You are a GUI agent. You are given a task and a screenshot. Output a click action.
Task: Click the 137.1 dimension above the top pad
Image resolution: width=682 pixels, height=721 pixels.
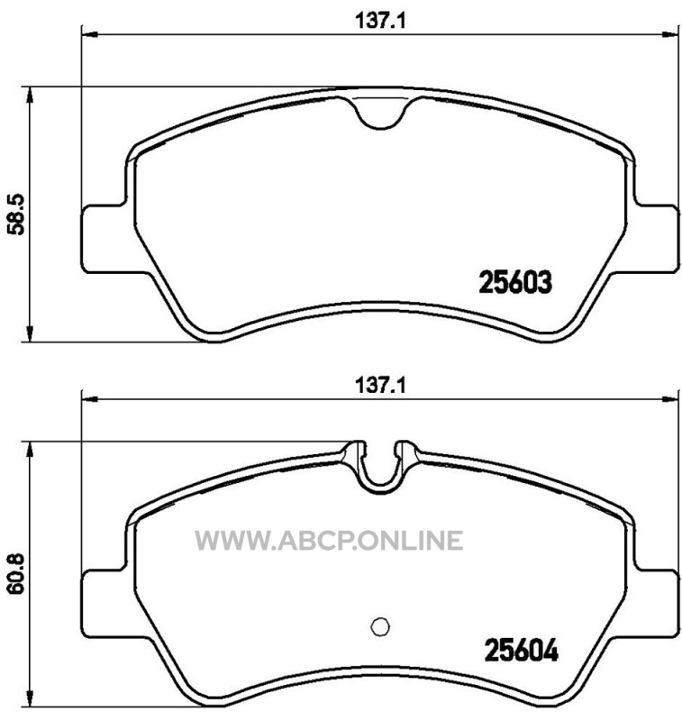click(x=380, y=21)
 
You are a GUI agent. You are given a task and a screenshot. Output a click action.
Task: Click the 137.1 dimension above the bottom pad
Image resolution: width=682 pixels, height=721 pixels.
click(x=380, y=386)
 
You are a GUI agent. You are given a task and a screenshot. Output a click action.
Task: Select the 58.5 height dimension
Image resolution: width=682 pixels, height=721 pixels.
click(x=17, y=214)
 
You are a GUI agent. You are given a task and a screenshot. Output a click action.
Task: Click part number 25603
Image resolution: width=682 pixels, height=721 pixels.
click(x=515, y=282)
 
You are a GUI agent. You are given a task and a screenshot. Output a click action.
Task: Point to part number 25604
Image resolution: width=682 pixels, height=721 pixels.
click(x=522, y=650)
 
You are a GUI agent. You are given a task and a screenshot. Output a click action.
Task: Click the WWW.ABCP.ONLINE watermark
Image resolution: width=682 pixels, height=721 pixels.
click(x=329, y=540)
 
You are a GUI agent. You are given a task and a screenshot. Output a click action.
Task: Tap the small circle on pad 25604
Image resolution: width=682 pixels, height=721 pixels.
click(x=380, y=626)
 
